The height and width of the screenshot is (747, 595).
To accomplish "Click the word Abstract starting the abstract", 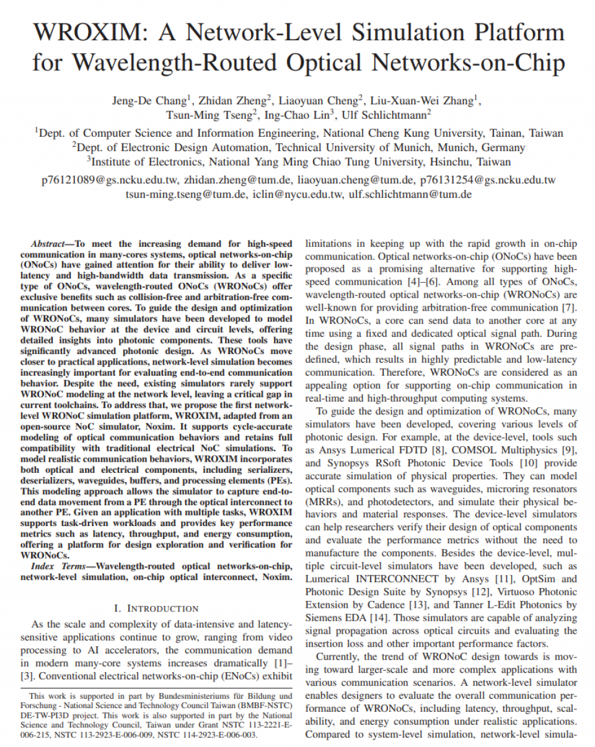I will (x=52, y=244).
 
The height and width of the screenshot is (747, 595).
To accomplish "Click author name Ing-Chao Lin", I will (x=291, y=116).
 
